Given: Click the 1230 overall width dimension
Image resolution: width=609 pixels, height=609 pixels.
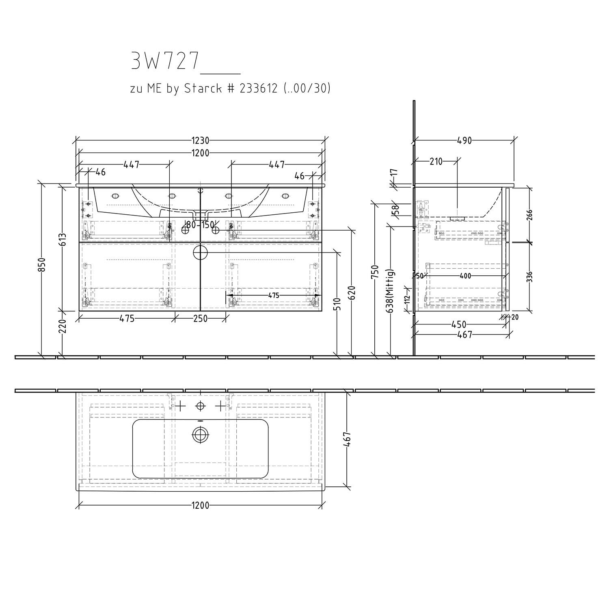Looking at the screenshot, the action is tap(201, 141).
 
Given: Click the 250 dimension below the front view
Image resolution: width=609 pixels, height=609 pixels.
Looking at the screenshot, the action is tap(200, 319).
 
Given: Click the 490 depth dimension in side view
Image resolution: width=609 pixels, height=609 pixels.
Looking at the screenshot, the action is tap(464, 141).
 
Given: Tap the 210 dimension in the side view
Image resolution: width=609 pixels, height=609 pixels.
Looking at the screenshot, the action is tap(436, 162).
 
